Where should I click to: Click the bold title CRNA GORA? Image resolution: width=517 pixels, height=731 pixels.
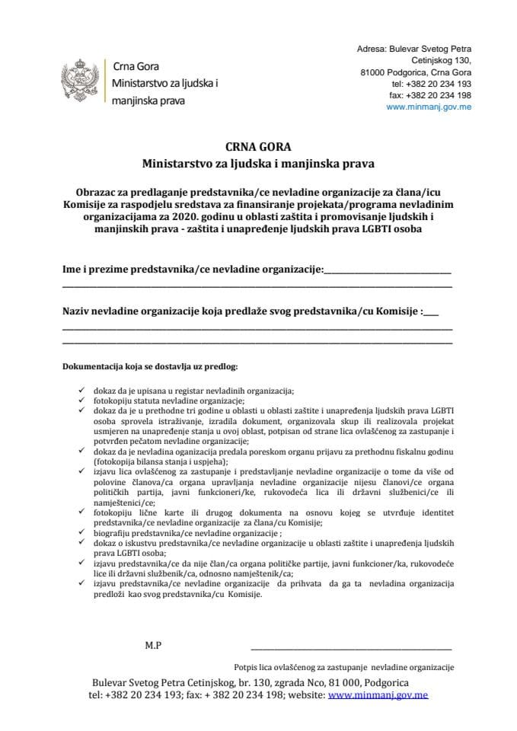(258, 147)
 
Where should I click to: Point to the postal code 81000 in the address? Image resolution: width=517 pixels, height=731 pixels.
(375, 72)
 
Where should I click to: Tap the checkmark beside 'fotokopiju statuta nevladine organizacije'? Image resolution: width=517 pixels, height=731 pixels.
(81, 400)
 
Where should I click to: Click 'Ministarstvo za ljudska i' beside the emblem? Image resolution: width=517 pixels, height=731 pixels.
(164, 81)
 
